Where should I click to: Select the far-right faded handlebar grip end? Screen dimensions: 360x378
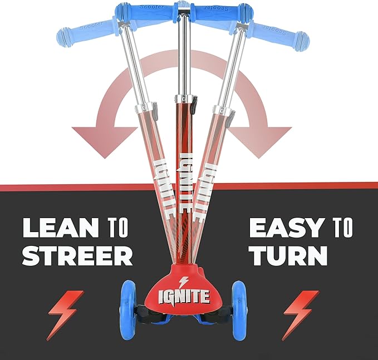(x=301, y=42)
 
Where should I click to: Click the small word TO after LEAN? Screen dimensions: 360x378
(x=117, y=228)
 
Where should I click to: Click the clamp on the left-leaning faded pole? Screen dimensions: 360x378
(x=144, y=108)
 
